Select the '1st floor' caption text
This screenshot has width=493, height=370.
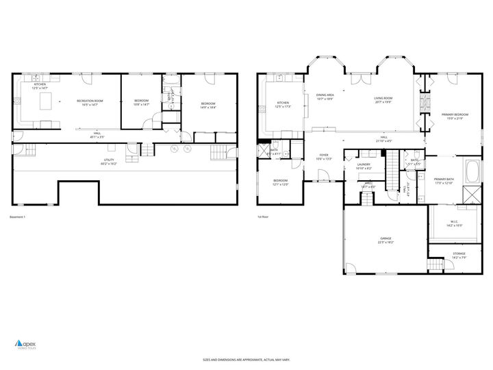coord(262,217)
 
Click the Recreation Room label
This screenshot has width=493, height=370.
coord(90,103)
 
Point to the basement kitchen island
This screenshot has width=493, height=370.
coord(47,102)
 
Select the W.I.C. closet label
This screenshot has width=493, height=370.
coord(454,223)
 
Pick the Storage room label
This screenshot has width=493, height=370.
coord(458,255)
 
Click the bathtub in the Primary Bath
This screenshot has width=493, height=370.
coord(472,171)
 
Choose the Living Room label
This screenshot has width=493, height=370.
coord(383,100)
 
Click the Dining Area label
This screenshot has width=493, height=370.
coord(325,97)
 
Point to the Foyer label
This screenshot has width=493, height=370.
coord(323,156)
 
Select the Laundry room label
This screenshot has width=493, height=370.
coord(364,166)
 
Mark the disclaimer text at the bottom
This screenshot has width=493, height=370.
coord(246,360)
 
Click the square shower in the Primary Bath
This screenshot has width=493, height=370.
coord(472,194)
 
